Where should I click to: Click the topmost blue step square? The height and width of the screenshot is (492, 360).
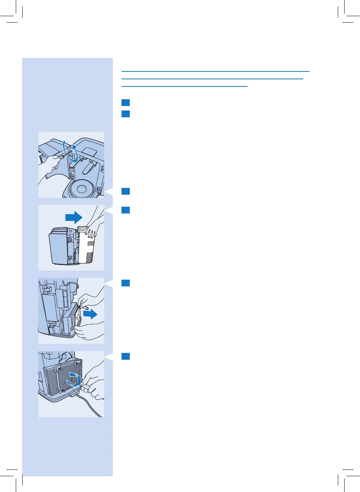126,103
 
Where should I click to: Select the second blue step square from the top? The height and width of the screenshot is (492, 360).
126,114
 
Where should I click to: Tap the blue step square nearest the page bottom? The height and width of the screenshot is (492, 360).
126,356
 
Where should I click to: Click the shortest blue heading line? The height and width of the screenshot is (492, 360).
184,86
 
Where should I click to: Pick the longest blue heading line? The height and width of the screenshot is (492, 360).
215,71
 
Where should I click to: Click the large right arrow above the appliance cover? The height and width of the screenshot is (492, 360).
74,217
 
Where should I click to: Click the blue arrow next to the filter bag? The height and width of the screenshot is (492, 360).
90,314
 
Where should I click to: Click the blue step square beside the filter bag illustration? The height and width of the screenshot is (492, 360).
126,283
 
